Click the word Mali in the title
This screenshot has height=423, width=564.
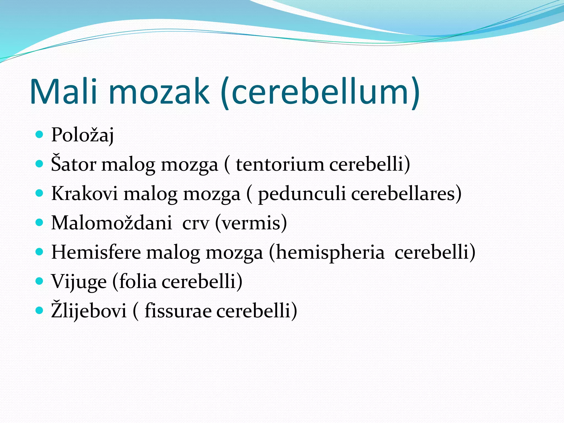tap(63, 91)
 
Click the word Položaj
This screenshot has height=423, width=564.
tap(82, 135)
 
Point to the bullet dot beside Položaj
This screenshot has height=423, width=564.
tap(40, 135)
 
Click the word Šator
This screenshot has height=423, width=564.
tap(74, 164)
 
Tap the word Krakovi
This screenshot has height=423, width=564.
tap(85, 194)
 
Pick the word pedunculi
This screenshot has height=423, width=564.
tap(302, 194)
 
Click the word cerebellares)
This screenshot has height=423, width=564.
tap(406, 194)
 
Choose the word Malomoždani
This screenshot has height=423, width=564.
tap(112, 223)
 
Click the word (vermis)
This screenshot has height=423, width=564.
tap(251, 223)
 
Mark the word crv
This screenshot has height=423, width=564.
tap(196, 223)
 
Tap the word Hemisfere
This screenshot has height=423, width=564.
tap(96, 252)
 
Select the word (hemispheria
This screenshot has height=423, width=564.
tap(327, 252)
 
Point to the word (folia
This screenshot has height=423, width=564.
tap(134, 281)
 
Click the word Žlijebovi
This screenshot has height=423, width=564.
tap(89, 311)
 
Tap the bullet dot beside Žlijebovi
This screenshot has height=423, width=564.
tap(40, 310)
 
